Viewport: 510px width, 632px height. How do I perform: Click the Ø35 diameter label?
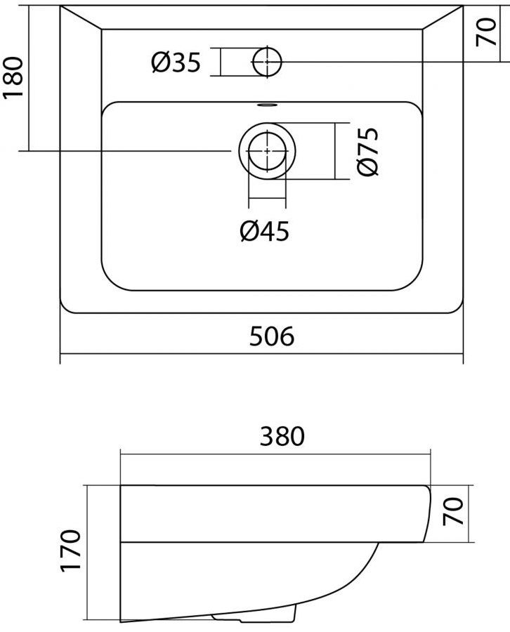[x=176, y=63]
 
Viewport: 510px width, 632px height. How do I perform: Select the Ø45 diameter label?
[x=264, y=231]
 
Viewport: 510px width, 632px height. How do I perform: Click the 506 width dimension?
[x=272, y=336]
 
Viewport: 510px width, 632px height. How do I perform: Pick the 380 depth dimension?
[x=282, y=436]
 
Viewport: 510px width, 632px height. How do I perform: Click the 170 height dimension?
[x=70, y=551]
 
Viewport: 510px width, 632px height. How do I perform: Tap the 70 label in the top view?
[x=486, y=32]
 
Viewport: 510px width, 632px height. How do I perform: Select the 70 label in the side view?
[x=452, y=511]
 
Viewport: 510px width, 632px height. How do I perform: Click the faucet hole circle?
[x=266, y=62]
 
